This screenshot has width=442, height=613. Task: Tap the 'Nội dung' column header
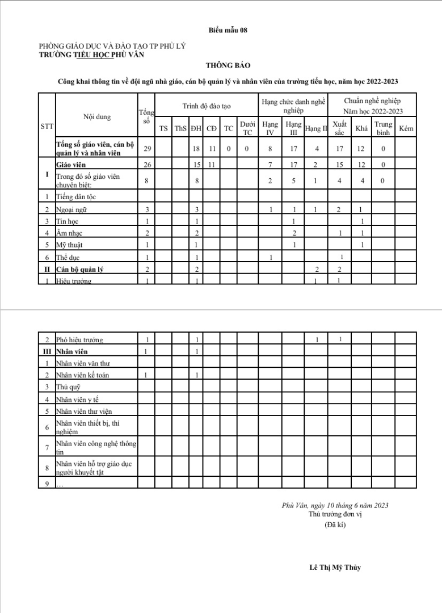(x=97, y=117)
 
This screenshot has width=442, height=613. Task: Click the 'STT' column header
(x=47, y=127)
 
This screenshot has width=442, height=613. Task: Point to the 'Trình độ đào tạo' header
(x=207, y=106)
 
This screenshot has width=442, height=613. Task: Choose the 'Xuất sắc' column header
(x=339, y=128)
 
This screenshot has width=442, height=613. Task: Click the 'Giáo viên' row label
(x=71, y=165)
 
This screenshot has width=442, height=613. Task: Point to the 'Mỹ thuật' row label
(x=71, y=245)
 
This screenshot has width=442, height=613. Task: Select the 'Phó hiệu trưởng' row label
(x=79, y=340)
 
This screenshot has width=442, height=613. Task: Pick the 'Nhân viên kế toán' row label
(x=83, y=375)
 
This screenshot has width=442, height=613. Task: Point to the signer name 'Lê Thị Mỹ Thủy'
(x=335, y=567)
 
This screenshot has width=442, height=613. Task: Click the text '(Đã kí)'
(x=335, y=524)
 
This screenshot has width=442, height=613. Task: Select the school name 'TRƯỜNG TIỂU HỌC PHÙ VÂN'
(x=92, y=55)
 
